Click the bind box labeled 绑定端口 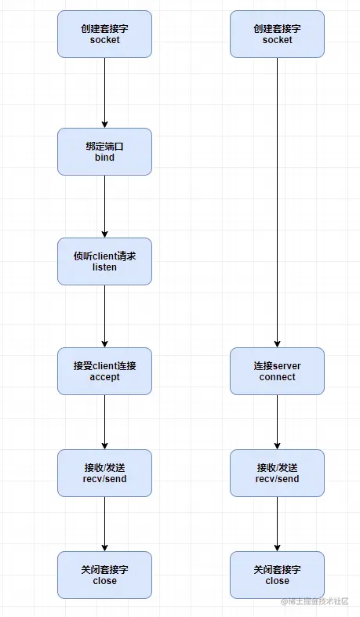(x=104, y=151)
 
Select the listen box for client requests (x=104, y=261)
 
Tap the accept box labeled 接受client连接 (x=104, y=371)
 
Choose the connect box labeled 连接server (x=277, y=371)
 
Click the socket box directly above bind (x=104, y=34)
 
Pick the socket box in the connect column (x=277, y=34)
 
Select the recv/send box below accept (x=104, y=473)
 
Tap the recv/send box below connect (x=277, y=473)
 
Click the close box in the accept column (x=104, y=575)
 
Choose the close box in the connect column (x=277, y=575)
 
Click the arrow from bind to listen (x=104, y=206)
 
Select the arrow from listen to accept (x=104, y=316)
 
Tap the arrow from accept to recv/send (x=104, y=422)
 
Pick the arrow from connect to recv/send (x=277, y=422)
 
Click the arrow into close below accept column (x=104, y=524)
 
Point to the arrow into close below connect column (x=277, y=524)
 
